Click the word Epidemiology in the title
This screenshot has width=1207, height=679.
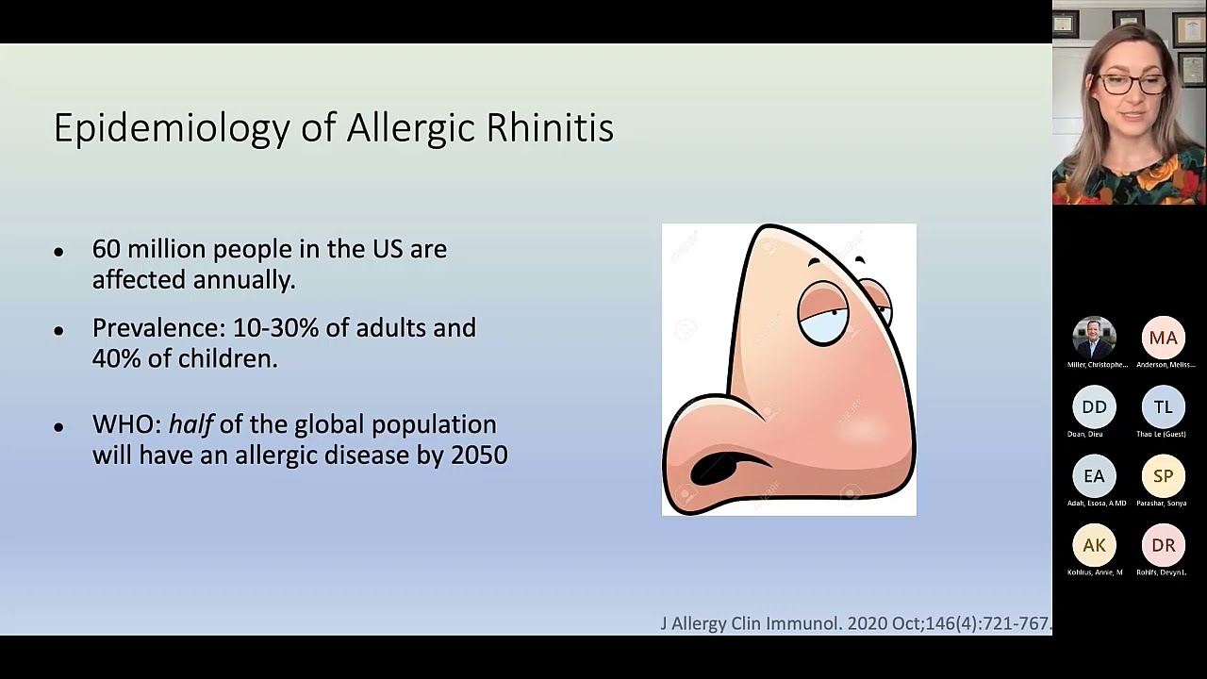click(x=172, y=128)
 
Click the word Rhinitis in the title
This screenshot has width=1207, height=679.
click(x=549, y=127)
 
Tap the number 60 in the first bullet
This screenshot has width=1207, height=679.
click(x=106, y=249)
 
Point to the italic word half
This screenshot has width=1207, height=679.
click(x=190, y=424)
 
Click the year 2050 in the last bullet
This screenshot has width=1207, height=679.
click(x=479, y=455)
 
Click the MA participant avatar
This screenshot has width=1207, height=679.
click(x=1163, y=338)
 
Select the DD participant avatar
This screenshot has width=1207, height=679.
click(x=1094, y=407)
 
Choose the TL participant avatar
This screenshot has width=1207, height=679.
click(x=1163, y=407)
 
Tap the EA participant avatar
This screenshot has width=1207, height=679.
click(x=1094, y=476)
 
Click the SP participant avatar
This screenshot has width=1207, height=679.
click(x=1163, y=476)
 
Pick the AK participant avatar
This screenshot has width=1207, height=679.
click(x=1094, y=545)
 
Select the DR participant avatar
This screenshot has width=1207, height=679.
click(x=1163, y=545)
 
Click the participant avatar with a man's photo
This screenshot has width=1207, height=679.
click(x=1094, y=338)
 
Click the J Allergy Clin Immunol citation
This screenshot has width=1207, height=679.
click(x=854, y=623)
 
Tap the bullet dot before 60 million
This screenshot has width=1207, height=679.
click(x=58, y=251)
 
